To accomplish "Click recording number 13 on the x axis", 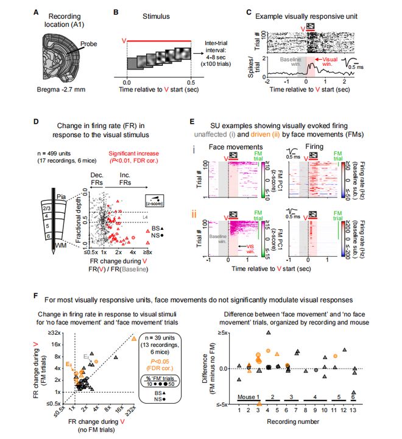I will (x=354, y=411).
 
